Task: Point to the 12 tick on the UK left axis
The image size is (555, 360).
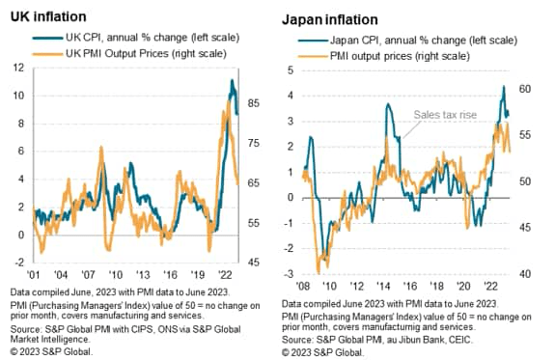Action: click(x=17, y=69)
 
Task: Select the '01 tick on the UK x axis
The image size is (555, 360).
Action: click(x=35, y=273)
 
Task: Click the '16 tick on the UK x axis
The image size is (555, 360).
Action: click(x=169, y=273)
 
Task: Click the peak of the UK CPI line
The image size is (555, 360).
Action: click(x=232, y=80)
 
